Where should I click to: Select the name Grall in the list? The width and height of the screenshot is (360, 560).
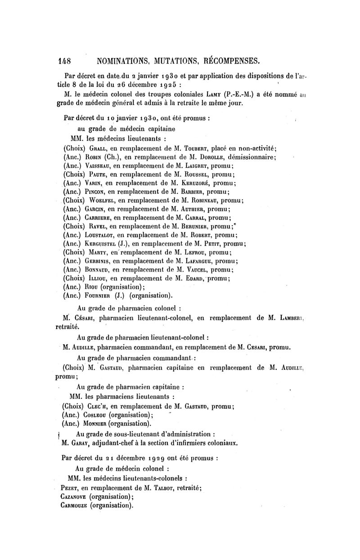(x=98, y=149)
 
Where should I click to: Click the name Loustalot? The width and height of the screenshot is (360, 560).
(x=102, y=235)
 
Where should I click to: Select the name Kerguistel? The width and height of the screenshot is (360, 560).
(x=102, y=244)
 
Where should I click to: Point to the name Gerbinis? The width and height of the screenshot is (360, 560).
(x=99, y=261)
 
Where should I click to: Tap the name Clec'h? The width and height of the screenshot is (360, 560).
(x=98, y=407)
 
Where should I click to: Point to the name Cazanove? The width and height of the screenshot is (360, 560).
(x=73, y=497)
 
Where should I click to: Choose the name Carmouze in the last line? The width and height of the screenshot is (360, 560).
(x=74, y=505)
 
